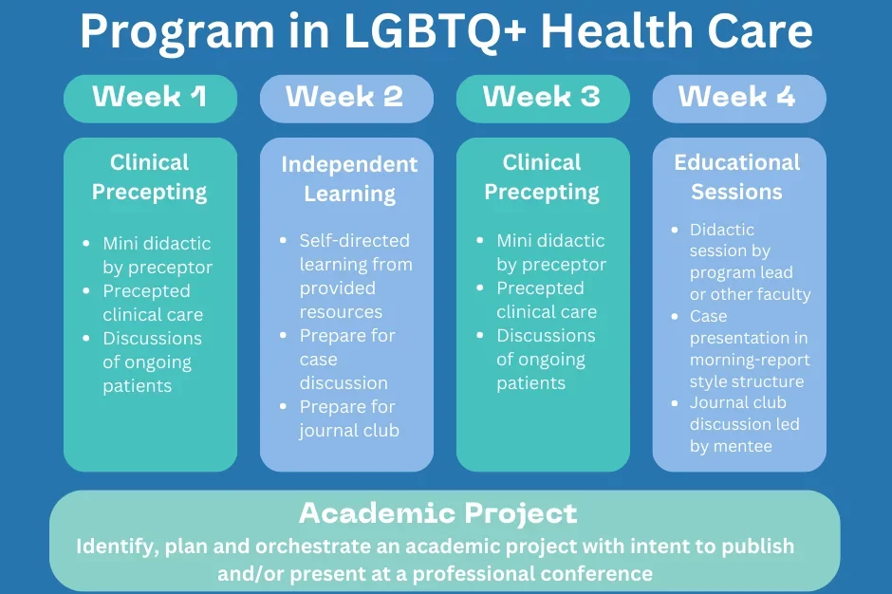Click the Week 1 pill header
(x=150, y=98)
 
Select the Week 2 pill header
(x=346, y=98)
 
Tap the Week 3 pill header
(x=542, y=98)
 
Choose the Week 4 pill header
(x=738, y=98)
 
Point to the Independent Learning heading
(x=349, y=178)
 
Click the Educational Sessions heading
(x=737, y=176)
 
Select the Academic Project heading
(x=437, y=513)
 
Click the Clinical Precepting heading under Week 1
(x=149, y=176)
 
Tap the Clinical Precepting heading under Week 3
(x=542, y=176)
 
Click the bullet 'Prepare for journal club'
(x=348, y=418)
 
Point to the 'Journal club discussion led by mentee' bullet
(x=744, y=424)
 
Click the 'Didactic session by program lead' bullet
(x=749, y=262)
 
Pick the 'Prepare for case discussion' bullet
(x=346, y=359)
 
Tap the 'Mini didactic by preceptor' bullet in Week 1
(x=157, y=255)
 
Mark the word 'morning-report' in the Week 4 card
(x=750, y=360)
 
